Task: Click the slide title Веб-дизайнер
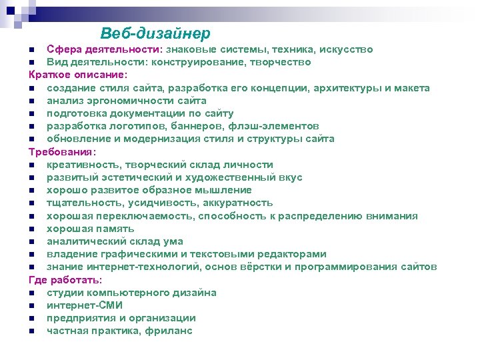pos(155,33)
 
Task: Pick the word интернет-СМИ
pos(85,305)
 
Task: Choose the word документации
pos(150,113)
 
